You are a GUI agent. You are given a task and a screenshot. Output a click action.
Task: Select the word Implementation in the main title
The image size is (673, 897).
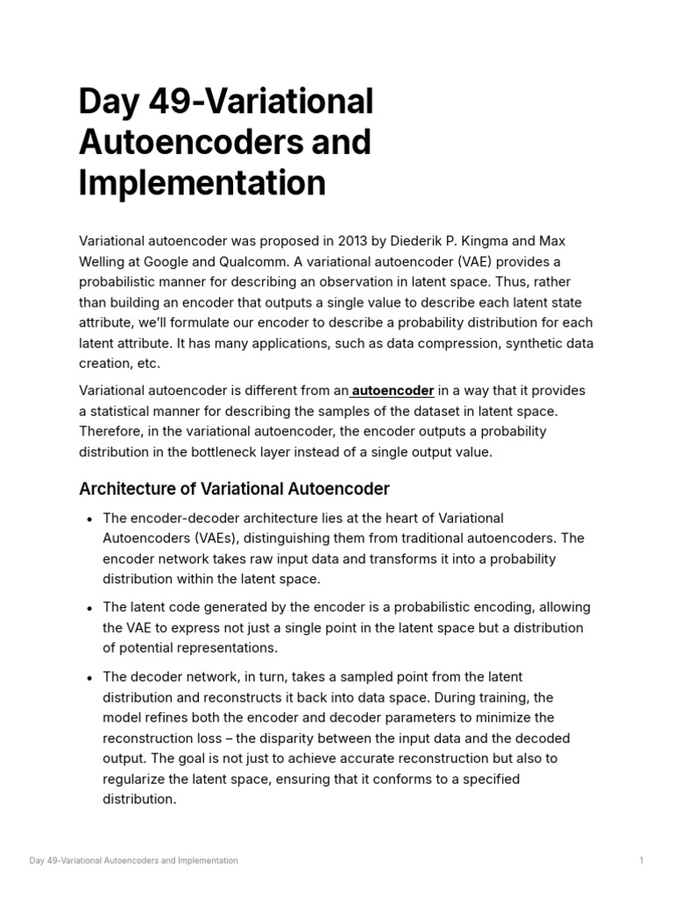[x=202, y=183]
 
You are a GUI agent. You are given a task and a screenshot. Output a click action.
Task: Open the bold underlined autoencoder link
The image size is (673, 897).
[x=393, y=391]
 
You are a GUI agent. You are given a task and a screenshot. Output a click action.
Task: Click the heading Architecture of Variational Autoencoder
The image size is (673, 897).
[x=234, y=488]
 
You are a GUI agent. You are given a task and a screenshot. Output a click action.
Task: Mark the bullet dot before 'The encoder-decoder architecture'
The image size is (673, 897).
[x=90, y=519]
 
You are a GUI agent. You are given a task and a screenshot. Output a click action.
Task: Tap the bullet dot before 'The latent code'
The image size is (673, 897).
[x=90, y=608]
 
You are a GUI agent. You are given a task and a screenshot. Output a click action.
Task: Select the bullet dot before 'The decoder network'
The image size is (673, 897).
[x=90, y=678]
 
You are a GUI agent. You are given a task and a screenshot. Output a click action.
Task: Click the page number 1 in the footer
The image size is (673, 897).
[x=641, y=861]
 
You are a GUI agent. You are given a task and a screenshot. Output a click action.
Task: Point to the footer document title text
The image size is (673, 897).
[x=133, y=861]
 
